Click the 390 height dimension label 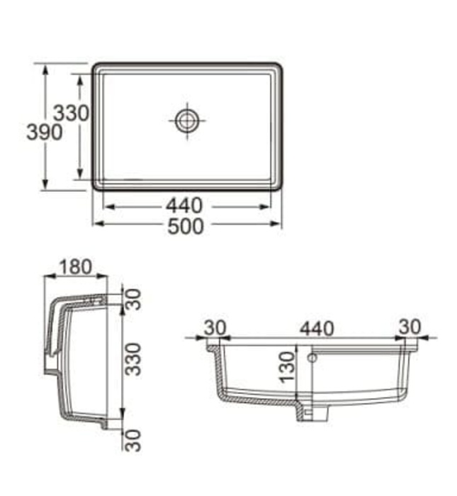44,132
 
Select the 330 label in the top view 72,113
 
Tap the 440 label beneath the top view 185,206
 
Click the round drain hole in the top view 187,120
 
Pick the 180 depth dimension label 75,266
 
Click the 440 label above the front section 317,328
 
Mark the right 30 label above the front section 409,327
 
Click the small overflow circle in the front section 312,359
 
